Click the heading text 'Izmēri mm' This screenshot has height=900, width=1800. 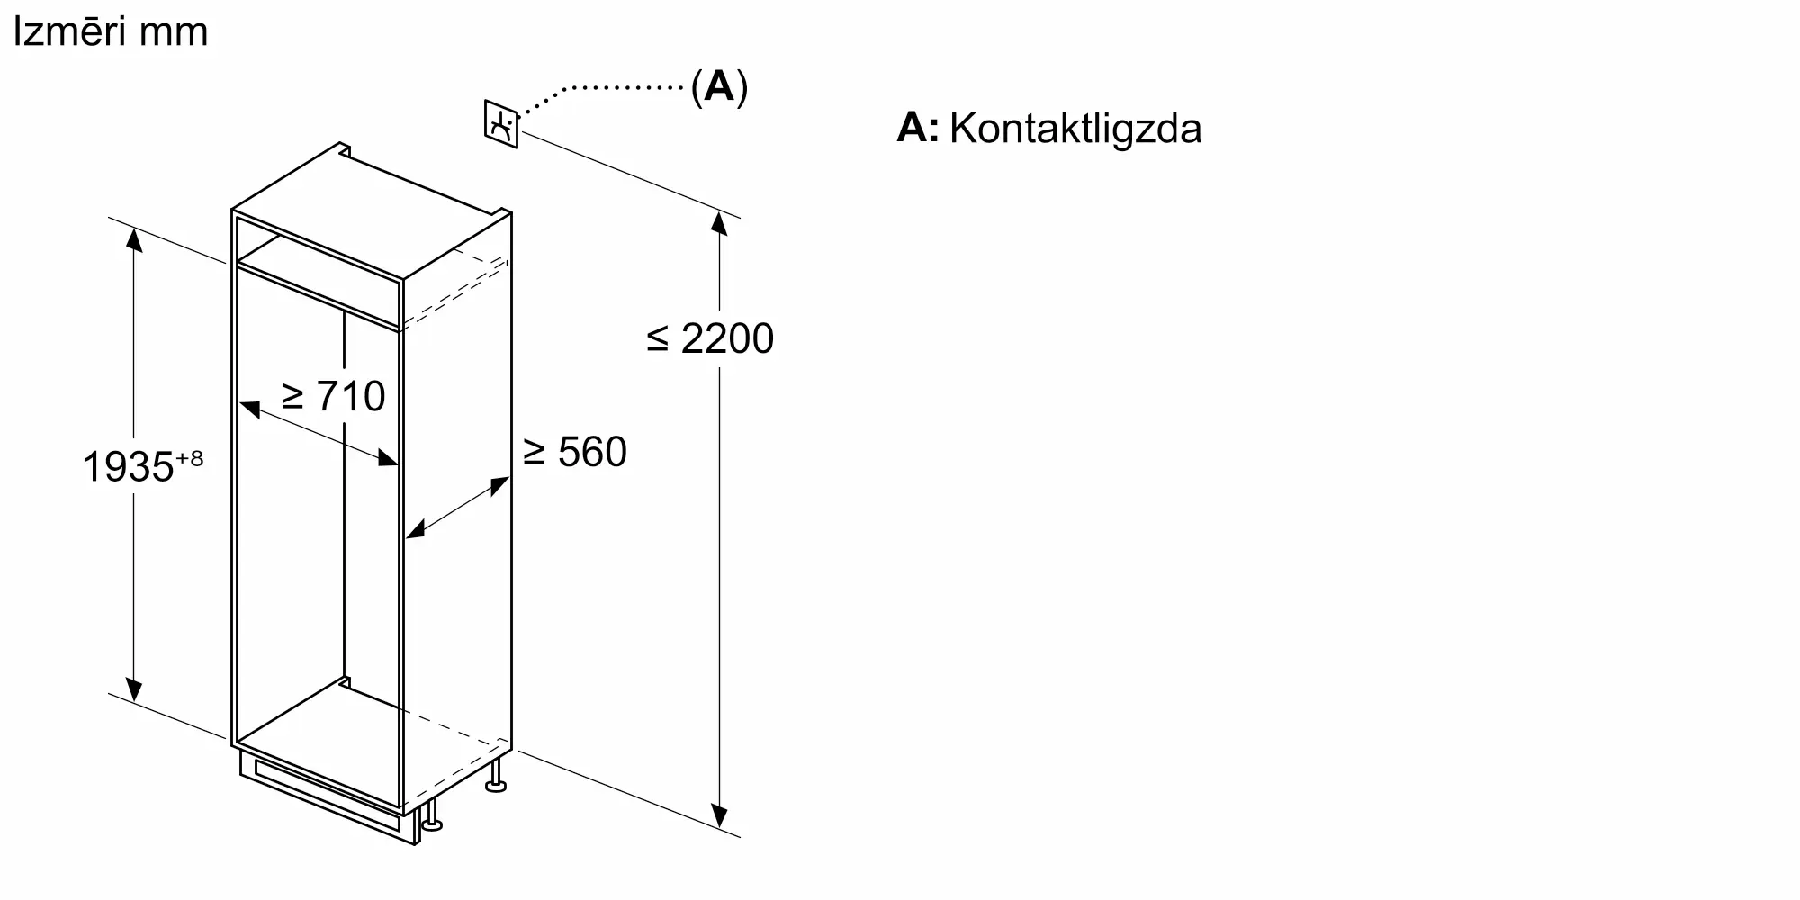[x=110, y=32]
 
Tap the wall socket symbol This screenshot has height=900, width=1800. [x=501, y=124]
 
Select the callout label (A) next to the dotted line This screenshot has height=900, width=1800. [x=719, y=87]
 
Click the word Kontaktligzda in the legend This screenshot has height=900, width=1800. [x=1075, y=129]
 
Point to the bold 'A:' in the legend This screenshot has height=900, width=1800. [x=917, y=128]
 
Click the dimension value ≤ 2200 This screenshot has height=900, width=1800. [x=710, y=339]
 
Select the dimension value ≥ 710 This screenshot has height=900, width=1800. [x=333, y=396]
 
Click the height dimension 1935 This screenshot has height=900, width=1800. [x=127, y=467]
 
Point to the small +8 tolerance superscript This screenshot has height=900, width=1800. [x=190, y=458]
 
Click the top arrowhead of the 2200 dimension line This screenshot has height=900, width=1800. [x=718, y=221]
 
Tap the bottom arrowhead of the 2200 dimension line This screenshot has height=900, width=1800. [x=718, y=815]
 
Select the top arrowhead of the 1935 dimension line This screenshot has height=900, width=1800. [x=133, y=239]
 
